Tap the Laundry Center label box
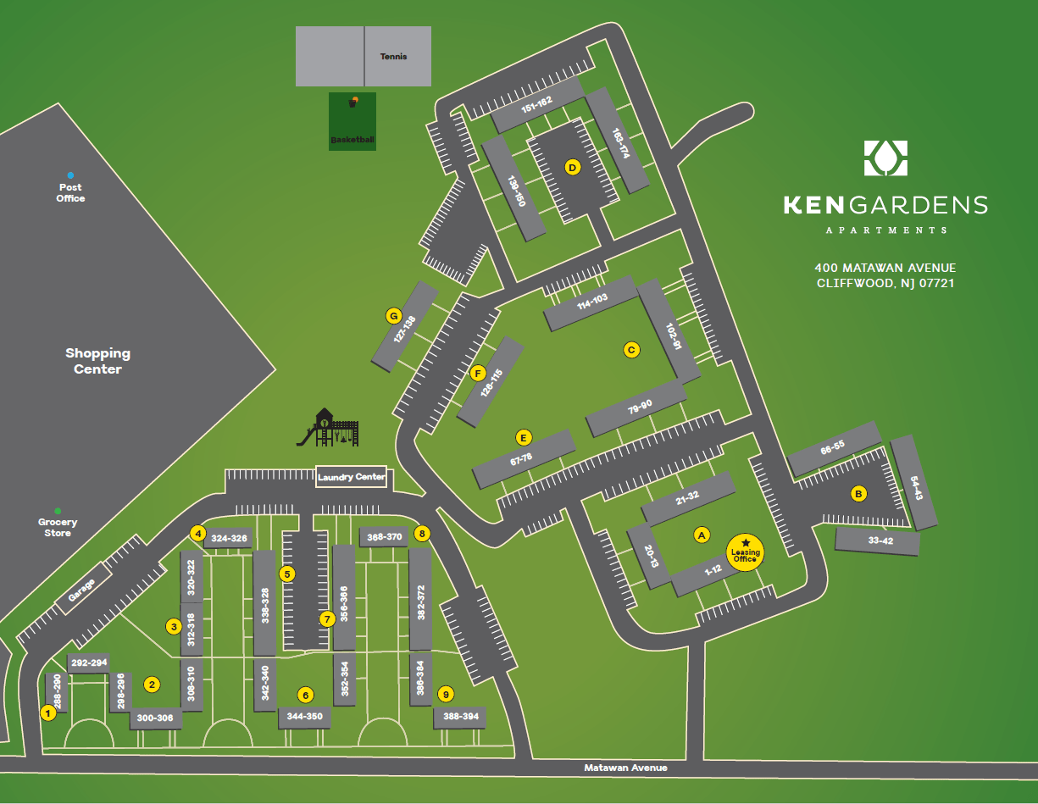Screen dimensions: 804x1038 [x=351, y=477]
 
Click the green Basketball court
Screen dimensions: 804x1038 [x=352, y=121]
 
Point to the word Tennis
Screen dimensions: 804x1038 [x=393, y=57]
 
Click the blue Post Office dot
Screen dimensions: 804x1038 [x=70, y=175]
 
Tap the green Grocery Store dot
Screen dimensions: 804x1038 [x=58, y=511]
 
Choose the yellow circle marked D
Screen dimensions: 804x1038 [x=573, y=168]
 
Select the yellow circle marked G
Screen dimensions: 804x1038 [x=393, y=316]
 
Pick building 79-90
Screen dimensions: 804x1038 [x=636, y=408]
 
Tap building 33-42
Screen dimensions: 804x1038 [x=877, y=541]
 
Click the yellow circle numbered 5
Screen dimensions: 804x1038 [x=287, y=574]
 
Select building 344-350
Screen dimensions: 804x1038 [x=305, y=717]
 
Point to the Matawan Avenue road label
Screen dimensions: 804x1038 [x=625, y=768]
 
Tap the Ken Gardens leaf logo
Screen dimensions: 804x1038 [x=885, y=158]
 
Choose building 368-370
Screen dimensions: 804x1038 [x=384, y=536]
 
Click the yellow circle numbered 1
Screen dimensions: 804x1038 [x=48, y=713]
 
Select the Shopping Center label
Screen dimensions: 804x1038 [x=98, y=361]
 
